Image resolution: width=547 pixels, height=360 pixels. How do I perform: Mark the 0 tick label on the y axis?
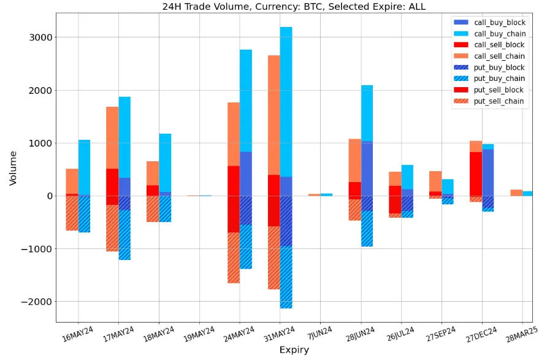click(x=48, y=196)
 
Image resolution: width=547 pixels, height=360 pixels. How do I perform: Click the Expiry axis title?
click(x=294, y=350)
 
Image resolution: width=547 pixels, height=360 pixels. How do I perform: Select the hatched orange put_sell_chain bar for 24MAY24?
click(x=233, y=258)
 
